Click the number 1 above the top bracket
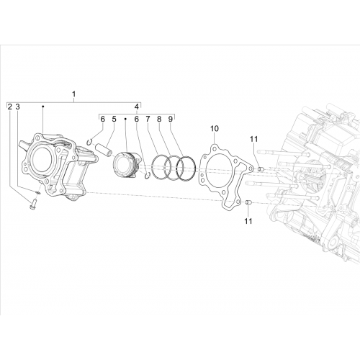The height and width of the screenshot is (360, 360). coord(73,94)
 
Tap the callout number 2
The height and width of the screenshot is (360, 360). coord(9,107)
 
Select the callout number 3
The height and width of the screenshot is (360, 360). coord(17,107)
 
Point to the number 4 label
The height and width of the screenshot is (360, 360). coord(136,107)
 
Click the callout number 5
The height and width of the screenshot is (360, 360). coord(114,119)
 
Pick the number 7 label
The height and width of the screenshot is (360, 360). coord(148,119)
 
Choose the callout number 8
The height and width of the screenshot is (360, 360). coord(159,119)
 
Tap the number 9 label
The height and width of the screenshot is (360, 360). coord(170,119)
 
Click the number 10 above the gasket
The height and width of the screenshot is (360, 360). coord(215,129)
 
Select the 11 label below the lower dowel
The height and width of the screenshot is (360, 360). coord(248,221)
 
